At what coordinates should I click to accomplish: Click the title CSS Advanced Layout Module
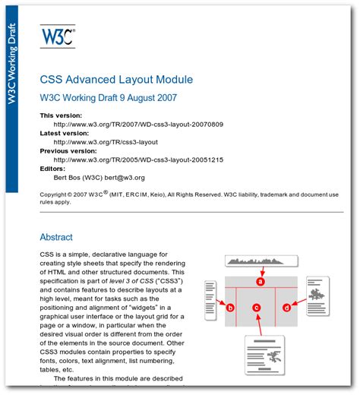pos(116,79)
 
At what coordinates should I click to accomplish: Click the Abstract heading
pos(56,236)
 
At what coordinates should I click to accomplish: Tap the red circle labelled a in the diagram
pos(261,281)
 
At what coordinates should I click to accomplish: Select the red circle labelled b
pos(230,307)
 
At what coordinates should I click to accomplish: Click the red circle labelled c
pos(257,307)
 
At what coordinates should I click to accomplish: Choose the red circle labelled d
pos(286,307)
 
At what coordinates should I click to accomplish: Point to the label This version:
pos(61,115)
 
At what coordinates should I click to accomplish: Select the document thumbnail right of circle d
pos(317,295)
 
